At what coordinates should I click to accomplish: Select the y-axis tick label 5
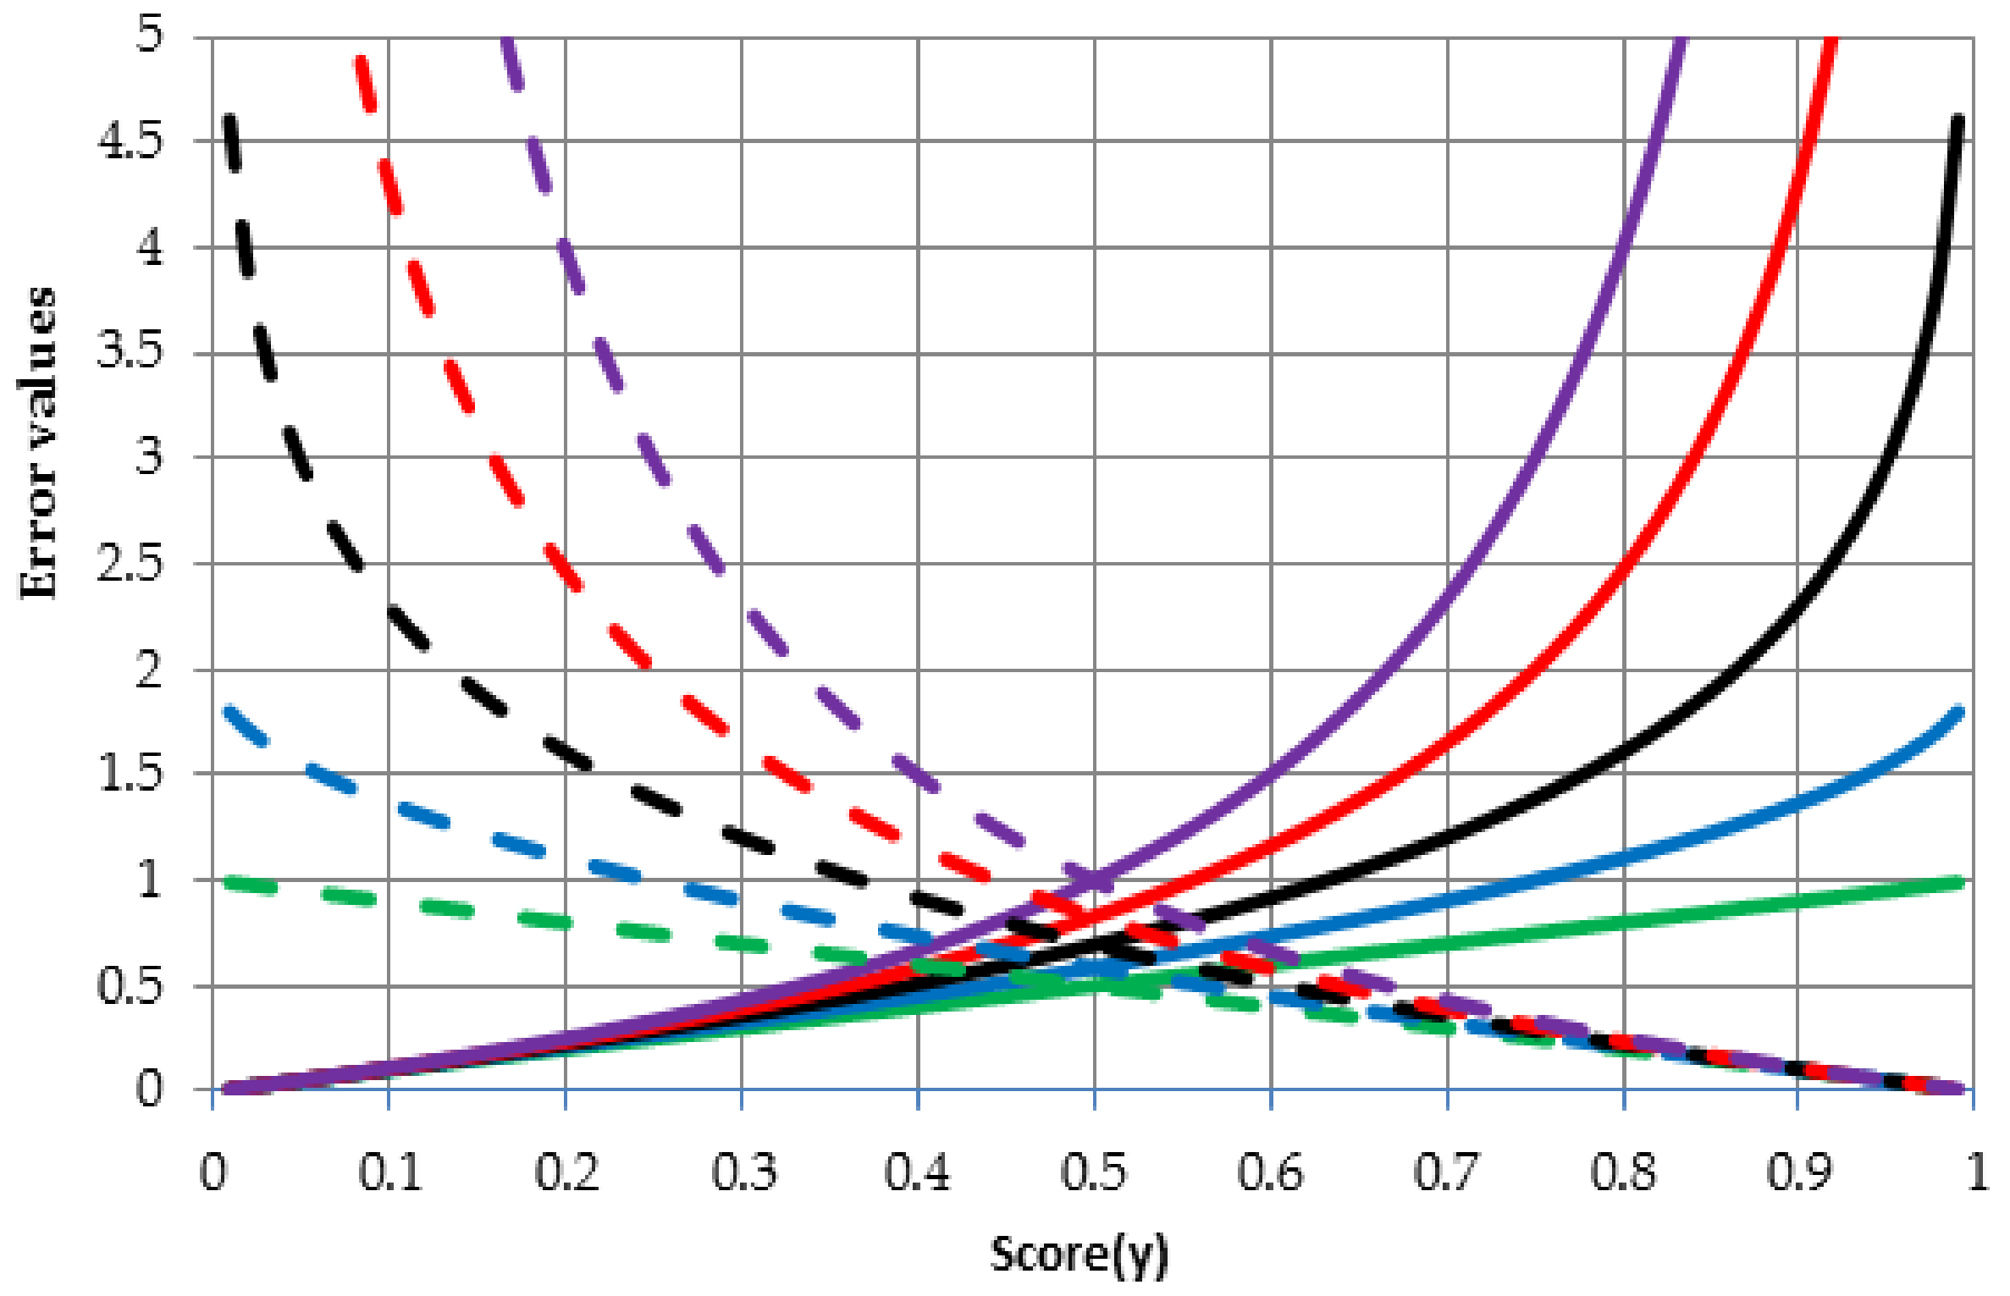149,36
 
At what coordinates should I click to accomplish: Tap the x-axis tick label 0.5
1094,1172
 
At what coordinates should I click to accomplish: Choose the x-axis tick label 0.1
389,1172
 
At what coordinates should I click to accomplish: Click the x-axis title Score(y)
1080,1255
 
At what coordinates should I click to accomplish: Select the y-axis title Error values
38,444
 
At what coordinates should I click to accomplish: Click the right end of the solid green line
1958,883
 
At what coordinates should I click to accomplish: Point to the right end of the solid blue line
1958,712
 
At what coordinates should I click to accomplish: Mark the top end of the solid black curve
1958,119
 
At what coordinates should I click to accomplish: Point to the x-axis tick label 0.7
1447,1172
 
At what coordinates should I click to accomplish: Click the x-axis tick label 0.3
743,1172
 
